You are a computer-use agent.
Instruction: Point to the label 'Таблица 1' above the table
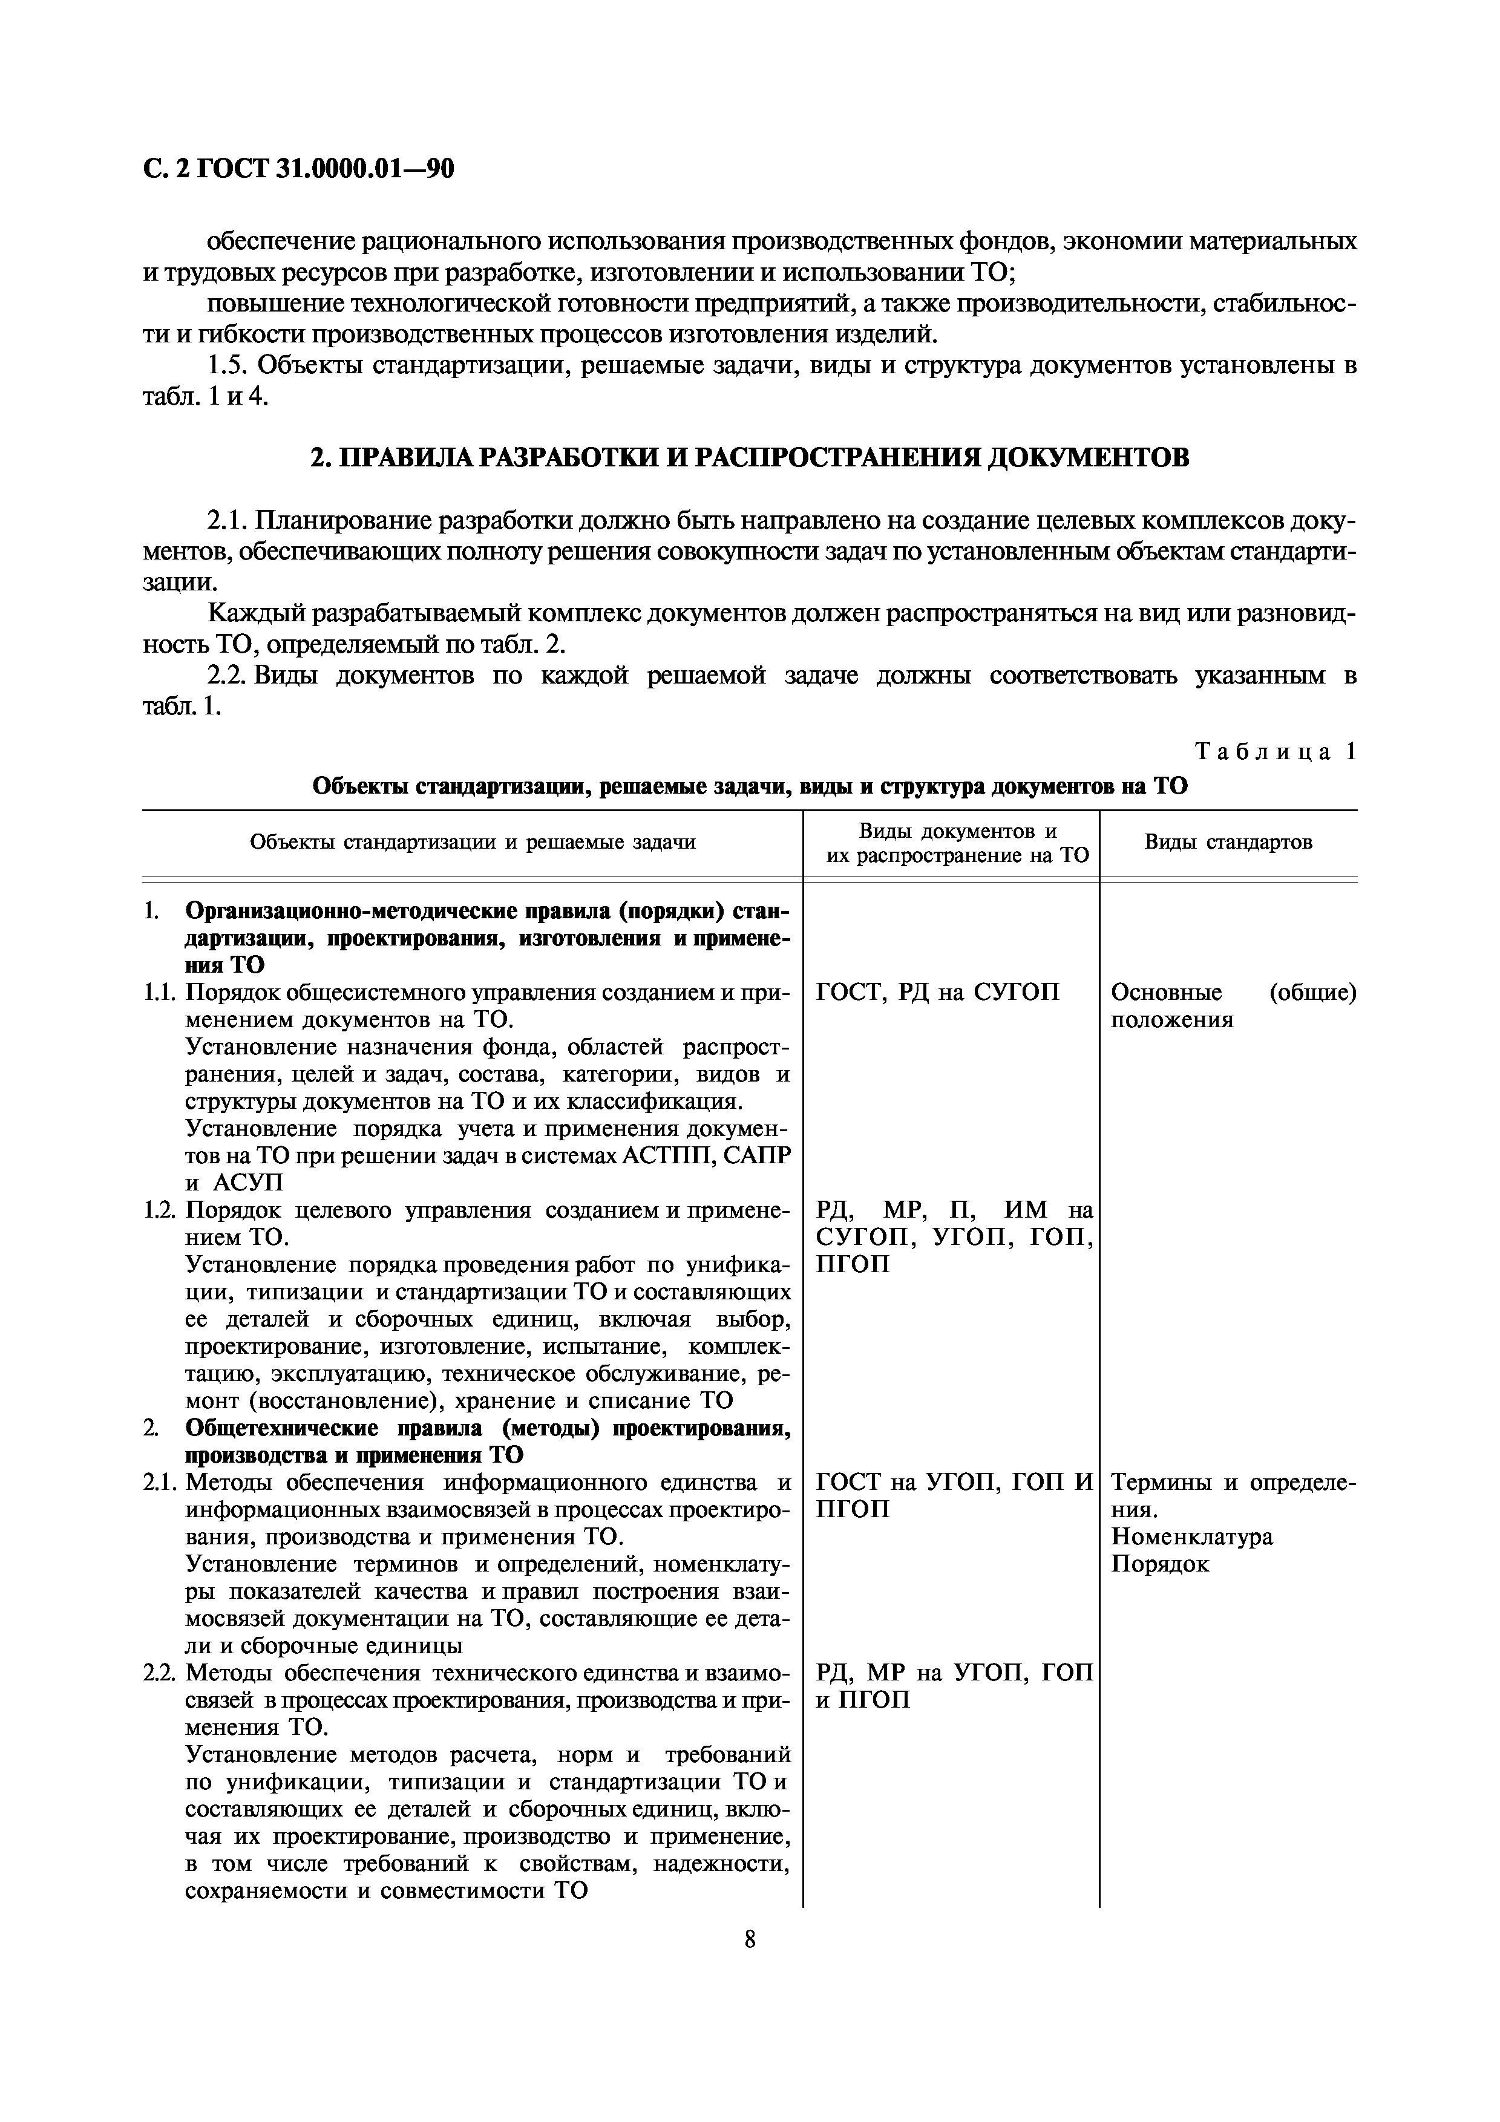[1276, 751]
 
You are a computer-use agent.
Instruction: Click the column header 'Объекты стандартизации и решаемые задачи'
[473, 842]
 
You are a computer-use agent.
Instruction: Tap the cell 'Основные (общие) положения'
[1233, 1005]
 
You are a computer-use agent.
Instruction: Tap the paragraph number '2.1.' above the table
[228, 521]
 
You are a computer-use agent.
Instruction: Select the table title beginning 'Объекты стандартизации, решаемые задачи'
[750, 786]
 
